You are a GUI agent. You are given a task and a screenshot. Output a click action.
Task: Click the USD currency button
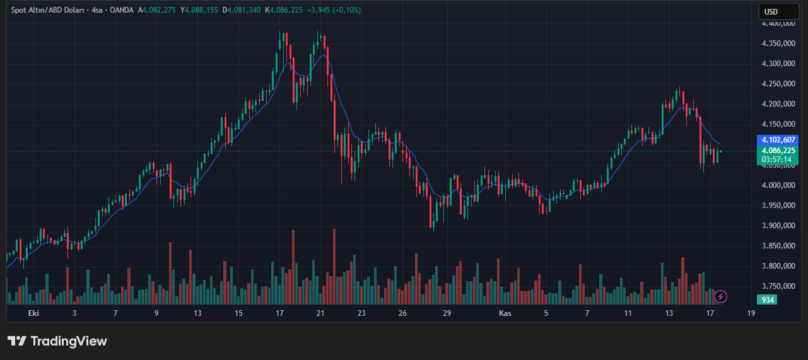[771, 11]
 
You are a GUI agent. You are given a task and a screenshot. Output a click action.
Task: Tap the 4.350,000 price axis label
[778, 44]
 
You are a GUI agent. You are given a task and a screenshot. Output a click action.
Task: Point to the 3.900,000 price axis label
[778, 226]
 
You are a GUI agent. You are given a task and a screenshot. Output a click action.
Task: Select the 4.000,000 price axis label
[778, 185]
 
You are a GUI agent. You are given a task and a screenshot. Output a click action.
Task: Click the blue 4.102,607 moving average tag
[778, 140]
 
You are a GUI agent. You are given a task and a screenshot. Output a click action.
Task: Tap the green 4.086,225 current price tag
[778, 151]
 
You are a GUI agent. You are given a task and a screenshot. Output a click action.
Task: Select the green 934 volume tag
[768, 299]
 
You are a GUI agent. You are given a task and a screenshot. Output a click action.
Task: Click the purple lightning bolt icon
[720, 296]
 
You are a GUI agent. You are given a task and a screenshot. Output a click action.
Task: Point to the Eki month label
[34, 313]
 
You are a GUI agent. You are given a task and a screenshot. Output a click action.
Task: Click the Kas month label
[505, 313]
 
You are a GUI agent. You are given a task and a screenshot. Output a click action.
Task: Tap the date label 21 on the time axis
[320, 313]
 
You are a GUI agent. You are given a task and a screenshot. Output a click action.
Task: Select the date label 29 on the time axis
[447, 313]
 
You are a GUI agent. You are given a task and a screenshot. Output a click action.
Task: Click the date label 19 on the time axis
[751, 313]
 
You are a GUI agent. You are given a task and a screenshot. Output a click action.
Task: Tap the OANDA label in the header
[121, 11]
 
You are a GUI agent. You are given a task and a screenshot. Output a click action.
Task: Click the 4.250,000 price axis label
[778, 84]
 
